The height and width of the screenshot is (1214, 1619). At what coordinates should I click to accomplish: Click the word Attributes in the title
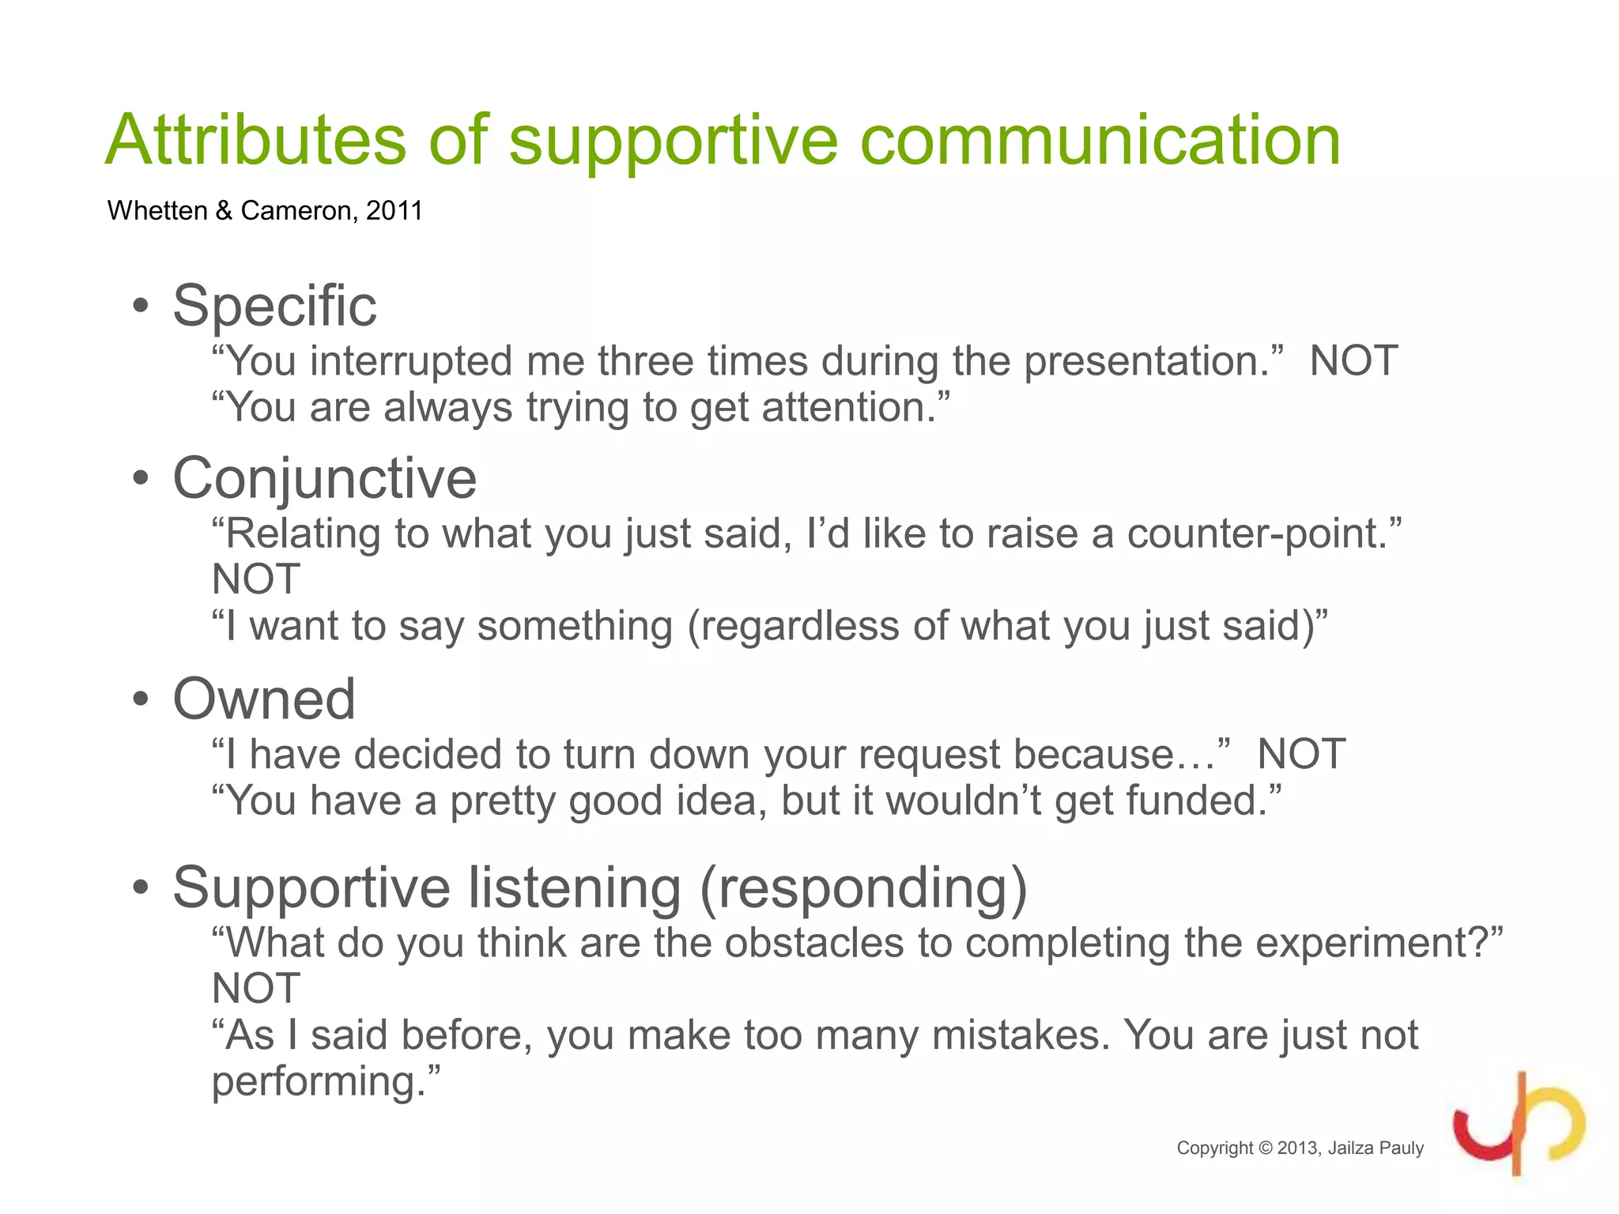click(255, 140)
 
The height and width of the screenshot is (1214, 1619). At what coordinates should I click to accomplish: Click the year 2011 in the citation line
click(394, 211)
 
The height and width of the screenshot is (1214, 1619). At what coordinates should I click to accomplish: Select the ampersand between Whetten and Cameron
click(224, 211)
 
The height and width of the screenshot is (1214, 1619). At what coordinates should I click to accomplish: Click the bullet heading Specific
click(274, 306)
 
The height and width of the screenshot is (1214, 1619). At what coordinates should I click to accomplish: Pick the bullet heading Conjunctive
click(324, 479)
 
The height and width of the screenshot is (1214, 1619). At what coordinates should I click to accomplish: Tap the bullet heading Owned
click(264, 699)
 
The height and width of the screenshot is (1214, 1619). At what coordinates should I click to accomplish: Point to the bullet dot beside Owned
click(141, 699)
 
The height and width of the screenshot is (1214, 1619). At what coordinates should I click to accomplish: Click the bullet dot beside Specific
click(141, 307)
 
